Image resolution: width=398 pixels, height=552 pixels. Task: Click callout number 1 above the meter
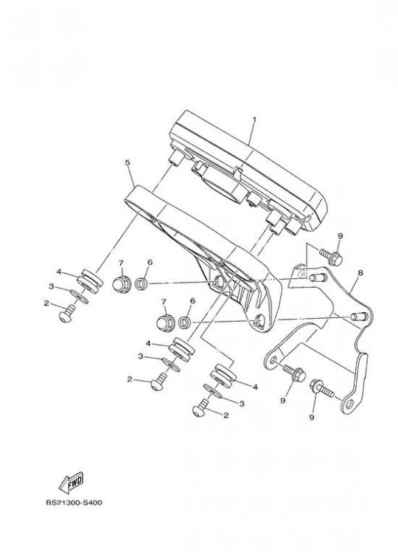pos(254,120)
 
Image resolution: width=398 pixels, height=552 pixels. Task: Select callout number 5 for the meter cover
pos(128,162)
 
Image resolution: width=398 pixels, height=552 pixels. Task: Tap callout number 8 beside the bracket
pos(360,273)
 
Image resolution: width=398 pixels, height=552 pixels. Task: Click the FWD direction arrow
pos(71,482)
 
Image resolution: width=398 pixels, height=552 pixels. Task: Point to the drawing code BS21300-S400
pos(74,503)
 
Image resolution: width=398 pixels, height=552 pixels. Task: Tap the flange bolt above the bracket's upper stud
pos(331,258)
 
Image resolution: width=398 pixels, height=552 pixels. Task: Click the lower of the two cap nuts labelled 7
pos(165,323)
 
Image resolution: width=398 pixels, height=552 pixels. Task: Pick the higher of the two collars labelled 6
pos(141,283)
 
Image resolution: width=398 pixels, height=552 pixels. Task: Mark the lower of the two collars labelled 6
pos(184,322)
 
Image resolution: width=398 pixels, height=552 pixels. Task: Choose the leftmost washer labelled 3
pos(79,297)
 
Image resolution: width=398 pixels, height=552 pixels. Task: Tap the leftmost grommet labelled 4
pos(91,281)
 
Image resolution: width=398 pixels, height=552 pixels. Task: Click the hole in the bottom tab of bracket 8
pos(349,404)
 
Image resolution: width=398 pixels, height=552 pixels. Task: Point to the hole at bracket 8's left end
pos(273,360)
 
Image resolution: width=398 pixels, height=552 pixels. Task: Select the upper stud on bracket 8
pos(318,277)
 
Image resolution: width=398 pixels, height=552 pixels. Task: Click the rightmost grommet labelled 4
pos(223,376)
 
